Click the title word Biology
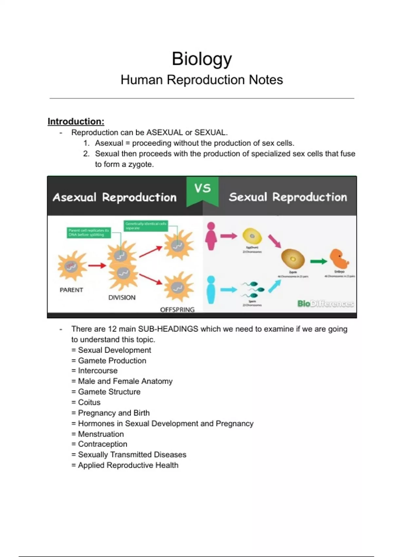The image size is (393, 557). click(x=202, y=59)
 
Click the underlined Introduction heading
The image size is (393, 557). click(x=76, y=122)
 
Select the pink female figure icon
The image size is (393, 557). click(x=211, y=236)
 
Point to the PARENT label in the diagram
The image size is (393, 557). click(x=71, y=290)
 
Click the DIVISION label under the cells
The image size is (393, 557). click(x=122, y=298)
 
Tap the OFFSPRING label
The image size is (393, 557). click(x=177, y=310)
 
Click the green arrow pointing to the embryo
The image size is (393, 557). click(x=318, y=261)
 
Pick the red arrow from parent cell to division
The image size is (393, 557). click(x=97, y=265)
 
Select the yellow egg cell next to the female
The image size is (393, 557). click(x=252, y=236)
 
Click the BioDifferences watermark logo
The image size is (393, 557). click(x=325, y=304)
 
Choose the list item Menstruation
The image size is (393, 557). click(x=101, y=434)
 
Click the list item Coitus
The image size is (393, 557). click(x=89, y=402)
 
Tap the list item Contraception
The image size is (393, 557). click(x=103, y=444)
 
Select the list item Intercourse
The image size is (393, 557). click(x=98, y=371)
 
